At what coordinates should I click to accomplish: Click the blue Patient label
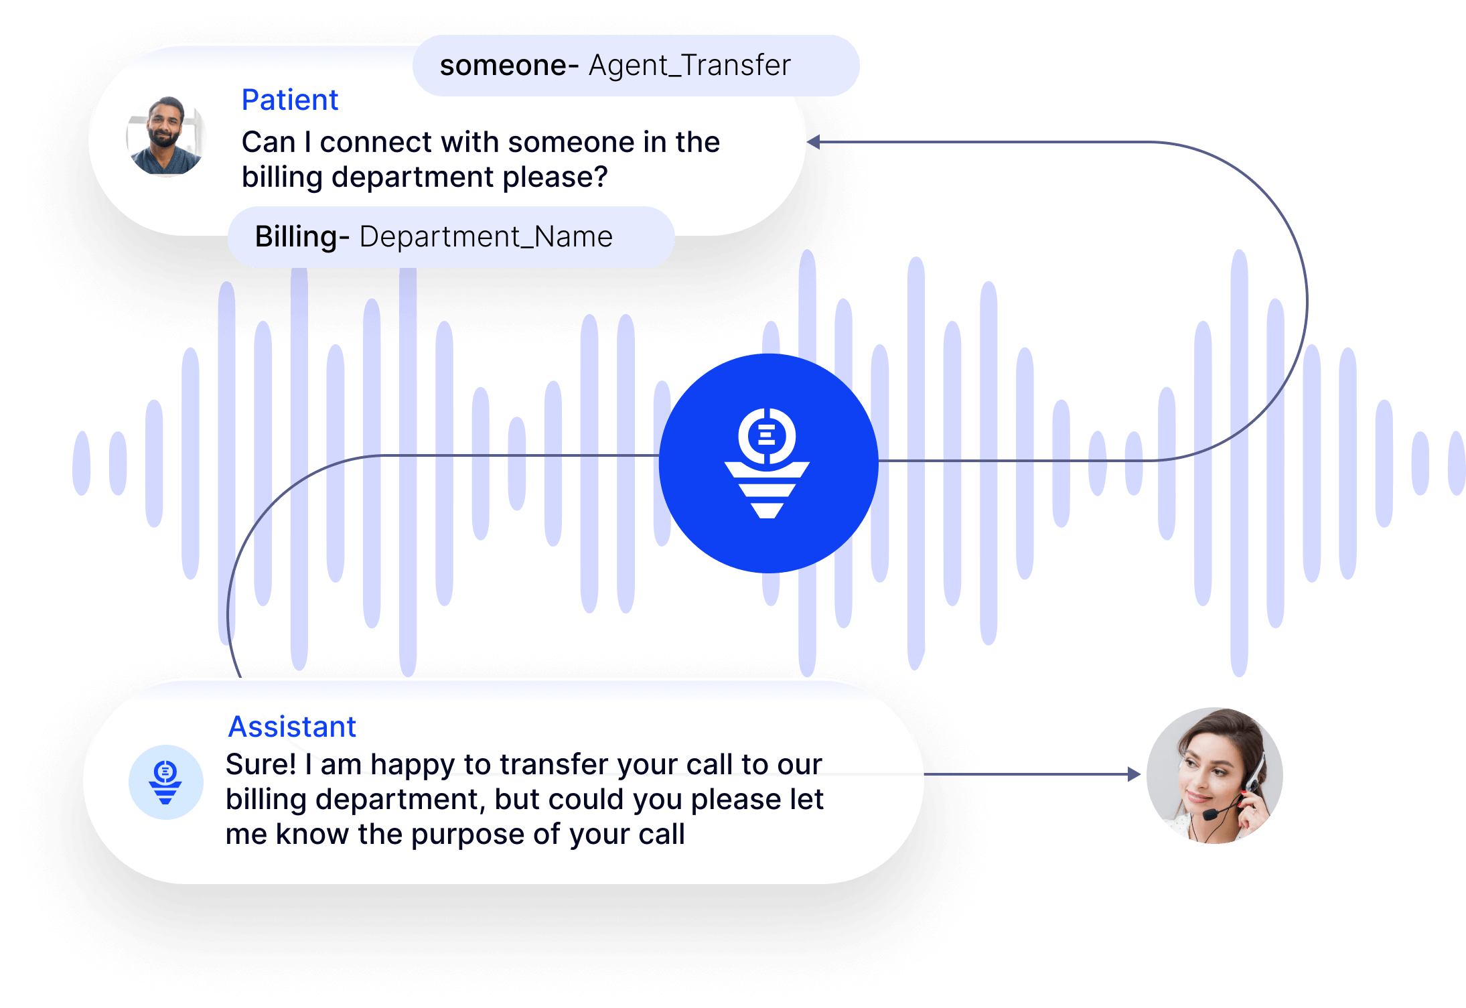click(290, 100)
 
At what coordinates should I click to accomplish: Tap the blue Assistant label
click(292, 727)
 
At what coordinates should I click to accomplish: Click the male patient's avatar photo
click(165, 135)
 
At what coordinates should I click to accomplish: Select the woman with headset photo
click(1214, 775)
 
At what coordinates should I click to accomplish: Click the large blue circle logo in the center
click(768, 463)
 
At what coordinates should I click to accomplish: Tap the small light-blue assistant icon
click(166, 782)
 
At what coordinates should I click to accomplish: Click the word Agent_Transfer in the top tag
click(690, 66)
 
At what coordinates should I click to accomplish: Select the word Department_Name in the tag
click(486, 237)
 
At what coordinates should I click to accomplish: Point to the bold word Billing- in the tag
click(302, 237)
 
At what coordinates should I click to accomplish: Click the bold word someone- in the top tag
click(509, 66)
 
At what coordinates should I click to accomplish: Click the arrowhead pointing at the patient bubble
click(814, 142)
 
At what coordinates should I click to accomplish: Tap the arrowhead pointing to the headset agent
click(1134, 774)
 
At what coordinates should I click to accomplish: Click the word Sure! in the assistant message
click(261, 765)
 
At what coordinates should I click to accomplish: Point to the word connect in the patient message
click(376, 143)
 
